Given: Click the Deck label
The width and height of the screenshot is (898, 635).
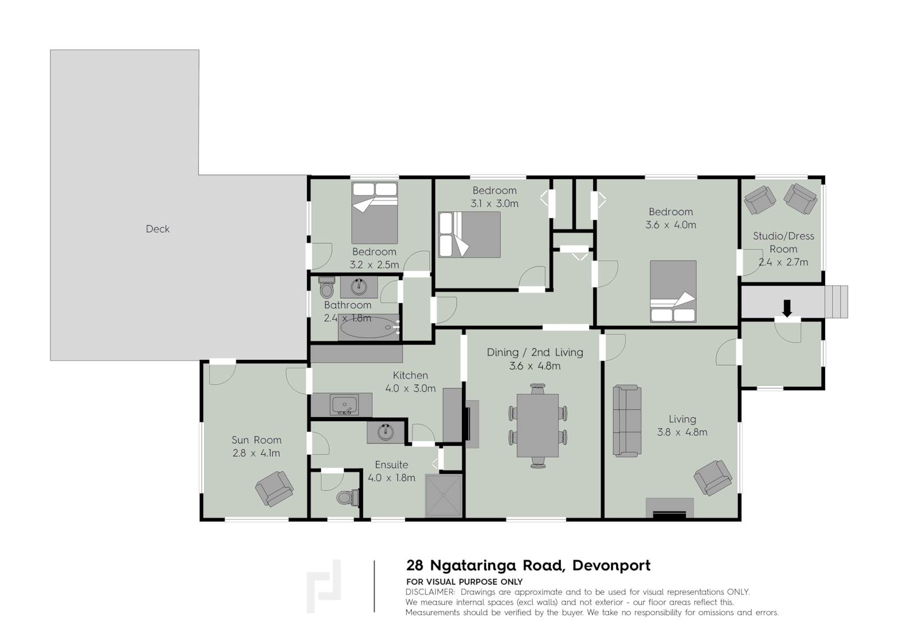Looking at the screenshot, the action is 158,229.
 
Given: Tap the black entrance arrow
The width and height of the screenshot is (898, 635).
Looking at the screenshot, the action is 787,308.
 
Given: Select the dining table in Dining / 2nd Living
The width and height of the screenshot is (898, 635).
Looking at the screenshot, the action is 538,426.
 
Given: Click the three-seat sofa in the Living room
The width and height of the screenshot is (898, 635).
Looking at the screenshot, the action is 627,421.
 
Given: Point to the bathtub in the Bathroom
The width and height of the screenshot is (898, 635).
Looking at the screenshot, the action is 368,327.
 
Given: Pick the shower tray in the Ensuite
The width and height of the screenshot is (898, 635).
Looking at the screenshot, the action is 443,496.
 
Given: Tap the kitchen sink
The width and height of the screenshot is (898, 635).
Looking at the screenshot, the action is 344,405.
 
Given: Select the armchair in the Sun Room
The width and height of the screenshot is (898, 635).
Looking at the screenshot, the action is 274,488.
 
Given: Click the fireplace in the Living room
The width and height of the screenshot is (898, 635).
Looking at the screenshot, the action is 670,508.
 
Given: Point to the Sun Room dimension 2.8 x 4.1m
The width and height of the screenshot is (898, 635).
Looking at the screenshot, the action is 256,453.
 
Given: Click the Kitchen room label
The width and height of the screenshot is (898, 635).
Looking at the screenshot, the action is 410,376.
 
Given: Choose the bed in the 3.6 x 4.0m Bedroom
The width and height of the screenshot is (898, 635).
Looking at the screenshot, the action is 673,291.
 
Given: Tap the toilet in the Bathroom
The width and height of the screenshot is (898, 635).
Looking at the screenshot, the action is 327,287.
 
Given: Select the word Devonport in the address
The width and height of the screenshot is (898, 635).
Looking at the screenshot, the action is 611,565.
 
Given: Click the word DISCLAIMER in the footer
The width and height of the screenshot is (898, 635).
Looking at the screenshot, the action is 430,592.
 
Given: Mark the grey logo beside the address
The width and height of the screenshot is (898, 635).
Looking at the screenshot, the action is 324,586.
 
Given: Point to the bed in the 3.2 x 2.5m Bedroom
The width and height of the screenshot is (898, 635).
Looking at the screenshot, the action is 374,213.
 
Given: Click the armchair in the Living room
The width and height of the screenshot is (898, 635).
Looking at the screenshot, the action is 713,478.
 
